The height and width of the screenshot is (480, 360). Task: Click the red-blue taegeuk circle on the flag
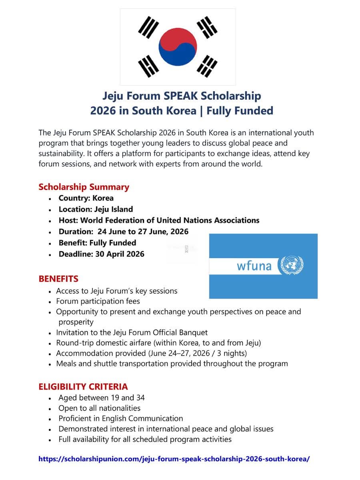coord(178,47)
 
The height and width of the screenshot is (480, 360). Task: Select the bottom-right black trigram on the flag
coord(207,66)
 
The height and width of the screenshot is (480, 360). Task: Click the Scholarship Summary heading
coord(84,187)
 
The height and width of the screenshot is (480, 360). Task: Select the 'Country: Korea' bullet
coord(86,198)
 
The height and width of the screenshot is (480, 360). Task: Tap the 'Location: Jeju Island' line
coord(96,209)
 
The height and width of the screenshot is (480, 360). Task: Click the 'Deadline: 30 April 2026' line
coord(101,254)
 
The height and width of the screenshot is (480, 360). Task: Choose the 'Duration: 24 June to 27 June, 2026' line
coord(123,232)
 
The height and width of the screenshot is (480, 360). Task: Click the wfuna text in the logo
coord(254,266)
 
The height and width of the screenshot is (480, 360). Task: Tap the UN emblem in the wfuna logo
coord(292,266)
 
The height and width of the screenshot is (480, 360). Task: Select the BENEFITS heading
coord(58,279)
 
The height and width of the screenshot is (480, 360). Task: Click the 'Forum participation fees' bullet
coord(98,301)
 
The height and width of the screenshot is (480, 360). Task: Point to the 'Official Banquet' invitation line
coord(132,332)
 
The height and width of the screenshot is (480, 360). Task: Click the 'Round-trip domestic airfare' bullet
coord(158,343)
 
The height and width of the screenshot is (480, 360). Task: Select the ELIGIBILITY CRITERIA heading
coord(83,387)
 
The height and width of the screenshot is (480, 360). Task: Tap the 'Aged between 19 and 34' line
coord(102,398)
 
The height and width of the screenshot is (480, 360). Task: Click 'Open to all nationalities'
coord(100,408)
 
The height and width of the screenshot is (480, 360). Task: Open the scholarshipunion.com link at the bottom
coord(174,459)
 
